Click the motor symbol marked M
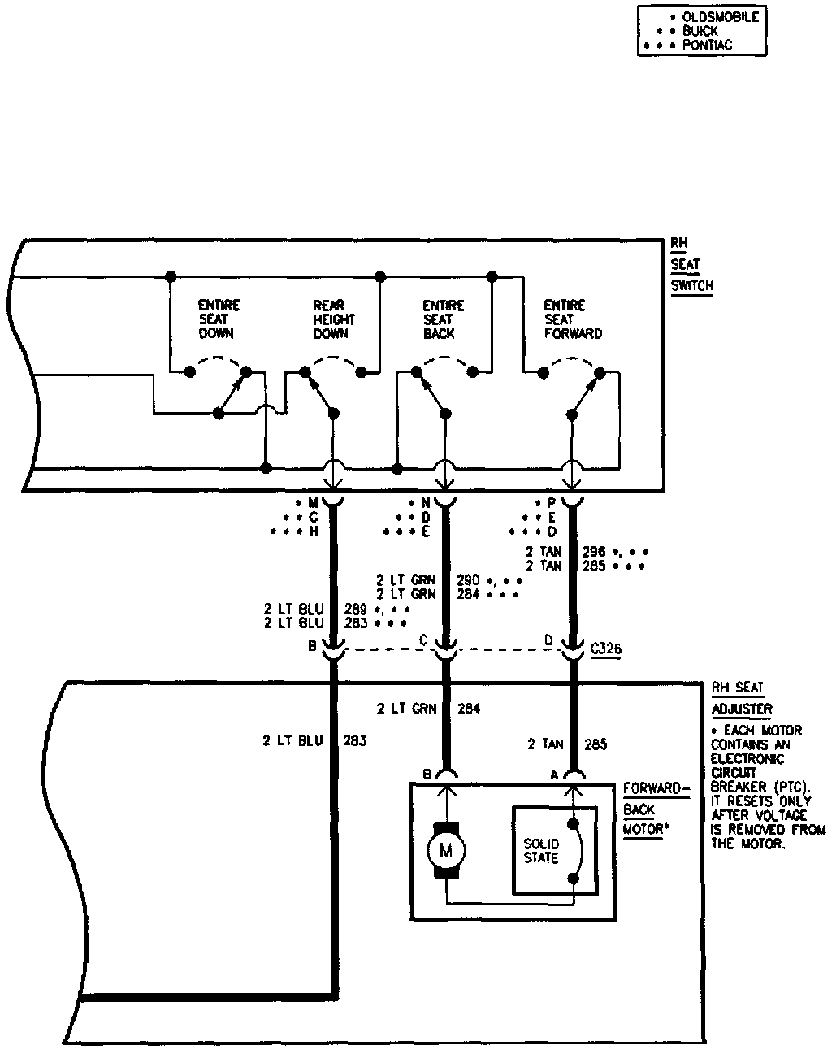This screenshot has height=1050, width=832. click(x=445, y=851)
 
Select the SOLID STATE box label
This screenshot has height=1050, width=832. click(x=541, y=851)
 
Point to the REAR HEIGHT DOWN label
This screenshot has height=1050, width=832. click(x=333, y=319)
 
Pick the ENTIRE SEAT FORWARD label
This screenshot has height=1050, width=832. click(x=573, y=319)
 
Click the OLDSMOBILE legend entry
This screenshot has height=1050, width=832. click(x=720, y=17)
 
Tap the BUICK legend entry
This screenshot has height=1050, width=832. click(x=700, y=31)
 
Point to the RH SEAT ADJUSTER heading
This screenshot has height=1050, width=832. click(x=741, y=698)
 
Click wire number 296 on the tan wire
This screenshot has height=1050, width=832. click(x=595, y=551)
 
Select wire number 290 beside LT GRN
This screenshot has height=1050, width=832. click(x=468, y=580)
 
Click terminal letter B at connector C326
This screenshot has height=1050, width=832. click(x=312, y=646)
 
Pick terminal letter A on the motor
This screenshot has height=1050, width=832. click(x=555, y=774)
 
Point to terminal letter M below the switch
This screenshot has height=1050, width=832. click(x=313, y=503)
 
